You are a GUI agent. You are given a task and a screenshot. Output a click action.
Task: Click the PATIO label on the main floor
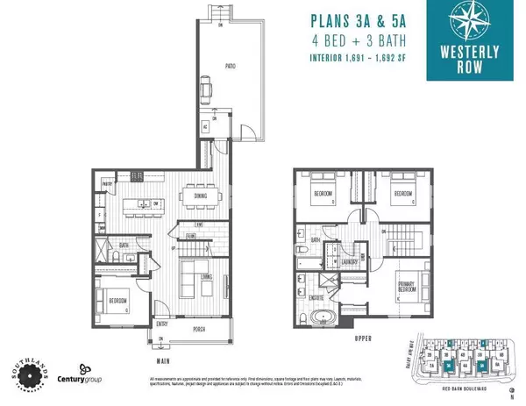click(x=231, y=66)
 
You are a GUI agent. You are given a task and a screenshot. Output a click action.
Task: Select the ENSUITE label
click(x=315, y=299)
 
